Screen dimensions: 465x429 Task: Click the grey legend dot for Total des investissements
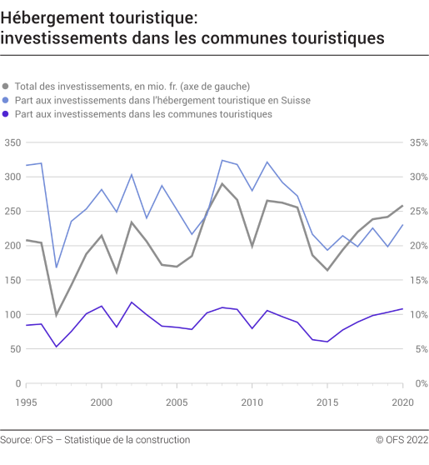tap(7, 86)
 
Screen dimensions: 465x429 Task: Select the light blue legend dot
tap(7, 100)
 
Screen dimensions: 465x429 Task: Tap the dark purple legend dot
tap(7, 114)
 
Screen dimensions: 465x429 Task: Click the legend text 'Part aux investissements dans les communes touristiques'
tap(143, 114)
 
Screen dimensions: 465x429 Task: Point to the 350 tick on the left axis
tap(12, 142)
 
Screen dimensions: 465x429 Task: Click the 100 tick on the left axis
tap(12, 314)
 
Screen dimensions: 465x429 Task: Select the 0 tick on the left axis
tap(17, 383)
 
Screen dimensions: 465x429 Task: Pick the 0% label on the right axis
tap(419, 383)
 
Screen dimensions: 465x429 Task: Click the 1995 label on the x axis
tap(27, 402)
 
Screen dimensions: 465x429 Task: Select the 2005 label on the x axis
tap(177, 402)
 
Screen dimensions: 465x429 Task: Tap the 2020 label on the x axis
tap(402, 402)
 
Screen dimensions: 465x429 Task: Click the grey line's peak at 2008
tap(222, 183)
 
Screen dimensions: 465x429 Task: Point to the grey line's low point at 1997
tap(57, 315)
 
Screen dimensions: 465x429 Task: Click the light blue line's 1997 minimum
tap(57, 267)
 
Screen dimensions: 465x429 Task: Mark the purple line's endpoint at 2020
tap(403, 309)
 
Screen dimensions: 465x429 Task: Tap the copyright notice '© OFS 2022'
tap(402, 440)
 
